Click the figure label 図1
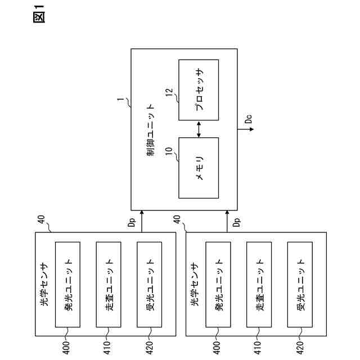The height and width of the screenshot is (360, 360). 39,14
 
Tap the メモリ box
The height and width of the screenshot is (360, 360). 199,168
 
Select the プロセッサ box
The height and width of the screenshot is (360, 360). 199,90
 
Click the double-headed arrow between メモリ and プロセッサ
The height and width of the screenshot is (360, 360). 199,129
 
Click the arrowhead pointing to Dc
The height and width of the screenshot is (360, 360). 251,129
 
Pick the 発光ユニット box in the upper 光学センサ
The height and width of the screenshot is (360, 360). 67,286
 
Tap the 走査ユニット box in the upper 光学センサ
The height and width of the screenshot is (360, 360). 109,286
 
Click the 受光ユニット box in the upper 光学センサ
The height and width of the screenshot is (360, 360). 150,286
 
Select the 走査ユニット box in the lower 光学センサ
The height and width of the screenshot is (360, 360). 259,286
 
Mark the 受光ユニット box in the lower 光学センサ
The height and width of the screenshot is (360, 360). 300,286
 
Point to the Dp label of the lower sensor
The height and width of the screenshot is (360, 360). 236,222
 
